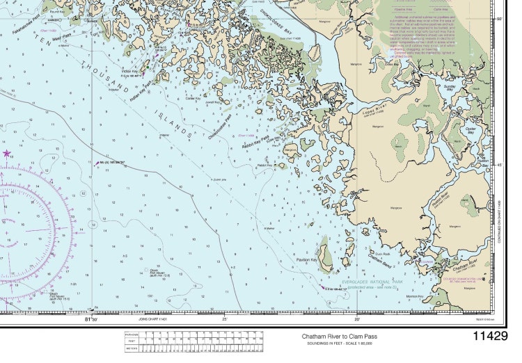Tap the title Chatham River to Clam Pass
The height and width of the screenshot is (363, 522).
338,336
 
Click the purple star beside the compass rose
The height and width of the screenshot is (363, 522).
7,153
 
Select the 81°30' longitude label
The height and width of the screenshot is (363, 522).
91,318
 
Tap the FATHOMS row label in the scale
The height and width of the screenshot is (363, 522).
132,334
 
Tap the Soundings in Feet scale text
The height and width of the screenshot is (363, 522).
338,343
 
